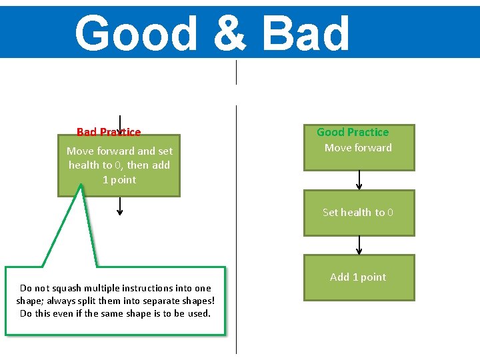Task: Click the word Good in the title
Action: pyautogui.click(x=137, y=33)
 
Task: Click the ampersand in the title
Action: pyautogui.click(x=231, y=33)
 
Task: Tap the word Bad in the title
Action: pyautogui.click(x=306, y=33)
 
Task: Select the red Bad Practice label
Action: pyautogui.click(x=109, y=132)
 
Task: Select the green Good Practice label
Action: pyautogui.click(x=353, y=132)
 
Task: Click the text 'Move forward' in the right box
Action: pyautogui.click(x=358, y=148)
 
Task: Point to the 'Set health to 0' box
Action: pyautogui.click(x=359, y=213)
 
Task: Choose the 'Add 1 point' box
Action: pyautogui.click(x=359, y=277)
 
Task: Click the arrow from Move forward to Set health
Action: pyautogui.click(x=359, y=179)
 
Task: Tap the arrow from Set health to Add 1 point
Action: pyautogui.click(x=359, y=245)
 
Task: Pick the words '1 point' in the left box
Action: pyautogui.click(x=119, y=180)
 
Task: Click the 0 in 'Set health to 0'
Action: pyautogui.click(x=390, y=213)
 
